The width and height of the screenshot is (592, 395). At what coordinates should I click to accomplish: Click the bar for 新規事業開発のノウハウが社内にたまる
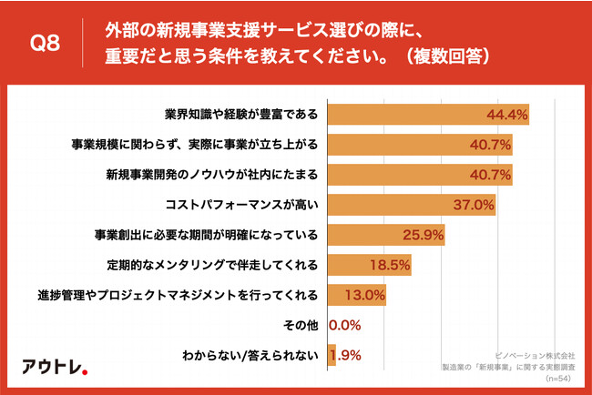(x=418, y=175)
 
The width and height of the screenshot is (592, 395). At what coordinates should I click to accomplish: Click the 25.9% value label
(x=423, y=235)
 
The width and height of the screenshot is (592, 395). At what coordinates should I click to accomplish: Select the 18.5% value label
(x=390, y=265)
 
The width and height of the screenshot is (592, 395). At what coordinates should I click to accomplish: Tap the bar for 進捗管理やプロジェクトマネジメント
(x=355, y=295)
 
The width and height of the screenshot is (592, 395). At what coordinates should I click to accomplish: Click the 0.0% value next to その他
(x=345, y=325)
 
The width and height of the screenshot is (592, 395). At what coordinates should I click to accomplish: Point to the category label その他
(x=302, y=325)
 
